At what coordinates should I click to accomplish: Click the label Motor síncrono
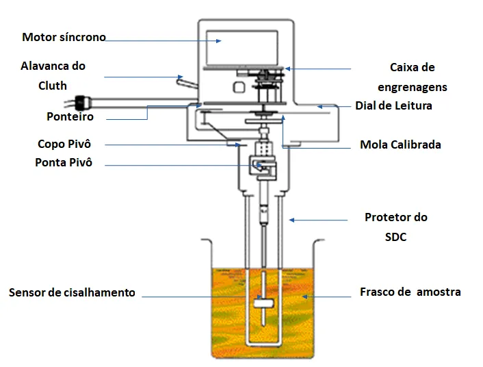pos(64,37)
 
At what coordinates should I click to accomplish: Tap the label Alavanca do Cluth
pos(53,75)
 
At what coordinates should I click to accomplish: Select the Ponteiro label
pos(70,117)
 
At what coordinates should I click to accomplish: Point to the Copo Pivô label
pos(64,144)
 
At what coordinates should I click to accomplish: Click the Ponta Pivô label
pos(64,163)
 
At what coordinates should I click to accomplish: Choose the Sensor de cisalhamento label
pos(72,292)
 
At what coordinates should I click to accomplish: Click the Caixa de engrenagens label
pos(412,77)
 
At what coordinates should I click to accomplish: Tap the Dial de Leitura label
pos(393,106)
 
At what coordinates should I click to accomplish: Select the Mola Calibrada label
pos(400,144)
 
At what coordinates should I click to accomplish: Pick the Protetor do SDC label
pos(396,227)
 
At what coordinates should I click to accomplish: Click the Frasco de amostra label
pos(410,292)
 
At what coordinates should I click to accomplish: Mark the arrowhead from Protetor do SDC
pos(291,220)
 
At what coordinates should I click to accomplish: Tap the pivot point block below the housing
pos(260,166)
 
